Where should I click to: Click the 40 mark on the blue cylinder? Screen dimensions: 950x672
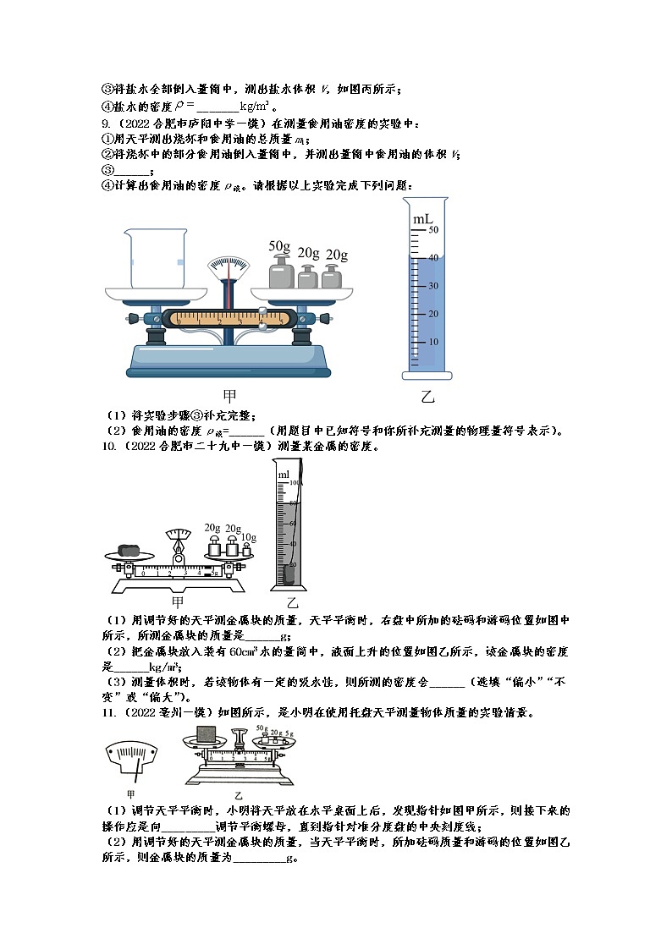[432, 258]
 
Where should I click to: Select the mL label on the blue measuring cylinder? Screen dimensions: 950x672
[422, 220]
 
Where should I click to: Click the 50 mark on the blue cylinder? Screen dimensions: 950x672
[432, 230]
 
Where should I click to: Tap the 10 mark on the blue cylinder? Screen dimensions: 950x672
[432, 342]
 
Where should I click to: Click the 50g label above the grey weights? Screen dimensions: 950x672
[279, 246]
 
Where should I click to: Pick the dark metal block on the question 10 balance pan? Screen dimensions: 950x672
[130, 547]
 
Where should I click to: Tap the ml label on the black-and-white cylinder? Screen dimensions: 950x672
[284, 475]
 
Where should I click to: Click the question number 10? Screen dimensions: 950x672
[106, 446]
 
